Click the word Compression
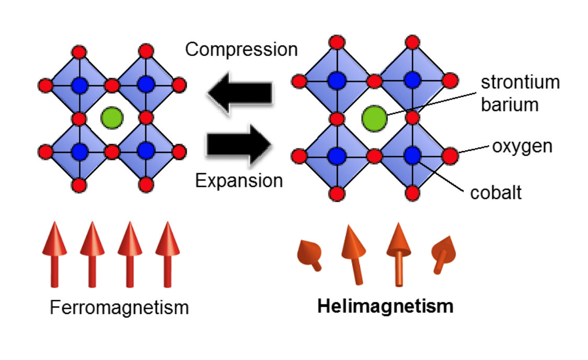click(241, 50)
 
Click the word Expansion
click(239, 181)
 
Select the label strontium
click(520, 83)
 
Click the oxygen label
click(522, 146)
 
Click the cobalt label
click(496, 193)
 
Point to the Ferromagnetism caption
click(119, 307)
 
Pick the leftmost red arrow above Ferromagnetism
click(54, 254)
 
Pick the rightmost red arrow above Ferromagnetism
click(167, 254)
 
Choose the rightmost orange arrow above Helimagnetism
click(443, 254)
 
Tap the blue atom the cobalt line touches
click(412, 155)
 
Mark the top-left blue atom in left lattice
click(79, 84)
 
